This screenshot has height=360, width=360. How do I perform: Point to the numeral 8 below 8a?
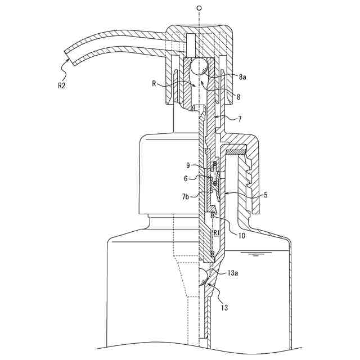(x=238, y=97)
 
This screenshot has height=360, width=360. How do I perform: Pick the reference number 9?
(x=188, y=165)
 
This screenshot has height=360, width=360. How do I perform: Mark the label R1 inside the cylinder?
(x=217, y=232)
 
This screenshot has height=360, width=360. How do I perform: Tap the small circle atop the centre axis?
(x=199, y=8)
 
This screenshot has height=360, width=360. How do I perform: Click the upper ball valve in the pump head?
(x=198, y=67)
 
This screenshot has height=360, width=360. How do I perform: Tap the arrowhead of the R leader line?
(x=194, y=85)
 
